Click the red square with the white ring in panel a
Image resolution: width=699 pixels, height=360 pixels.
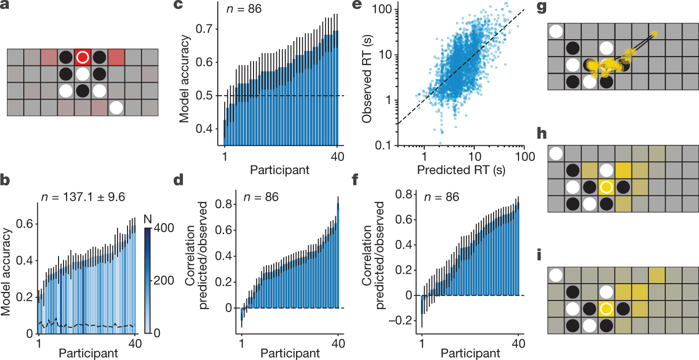[83, 58]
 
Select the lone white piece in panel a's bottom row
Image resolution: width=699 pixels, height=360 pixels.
[117, 107]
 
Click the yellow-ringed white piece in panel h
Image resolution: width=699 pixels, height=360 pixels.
[605, 187]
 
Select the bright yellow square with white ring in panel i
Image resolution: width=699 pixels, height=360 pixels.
[605, 308]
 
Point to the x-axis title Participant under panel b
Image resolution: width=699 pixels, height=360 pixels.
[88, 354]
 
